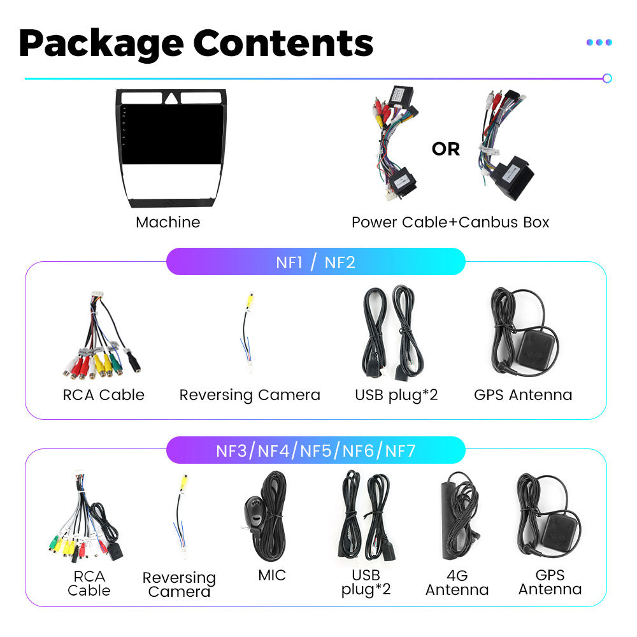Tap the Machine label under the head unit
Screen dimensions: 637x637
tap(168, 222)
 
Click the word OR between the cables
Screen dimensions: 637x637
tap(445, 149)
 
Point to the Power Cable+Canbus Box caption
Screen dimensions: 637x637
tap(450, 222)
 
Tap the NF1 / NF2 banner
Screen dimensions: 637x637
tap(315, 262)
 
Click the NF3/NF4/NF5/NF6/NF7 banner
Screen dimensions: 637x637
tap(315, 451)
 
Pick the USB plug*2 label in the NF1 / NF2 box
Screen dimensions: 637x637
tap(396, 395)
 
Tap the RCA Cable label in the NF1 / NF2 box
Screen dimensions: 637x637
tap(104, 395)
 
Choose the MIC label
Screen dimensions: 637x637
tap(272, 575)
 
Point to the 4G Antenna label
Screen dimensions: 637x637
tap(457, 583)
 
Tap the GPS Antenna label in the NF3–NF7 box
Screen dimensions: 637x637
tap(550, 583)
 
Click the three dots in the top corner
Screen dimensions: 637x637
tap(599, 42)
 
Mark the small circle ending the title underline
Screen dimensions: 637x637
tap(607, 78)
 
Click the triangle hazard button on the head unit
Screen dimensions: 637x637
tap(171, 98)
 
